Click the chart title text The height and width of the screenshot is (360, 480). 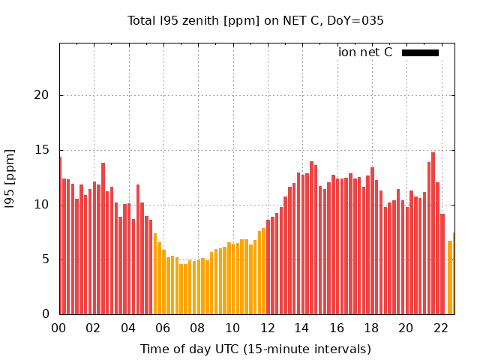click(256, 21)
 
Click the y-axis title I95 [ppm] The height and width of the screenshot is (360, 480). click(10, 178)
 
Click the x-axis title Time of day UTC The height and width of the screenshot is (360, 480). click(256, 349)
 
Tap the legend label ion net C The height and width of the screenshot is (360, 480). click(365, 52)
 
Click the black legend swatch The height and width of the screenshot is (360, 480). click(420, 52)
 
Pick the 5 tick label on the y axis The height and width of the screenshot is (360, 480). click(48, 259)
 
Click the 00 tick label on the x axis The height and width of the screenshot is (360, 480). click(58, 328)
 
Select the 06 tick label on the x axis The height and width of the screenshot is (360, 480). click(163, 328)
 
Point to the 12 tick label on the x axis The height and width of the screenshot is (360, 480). click(267, 328)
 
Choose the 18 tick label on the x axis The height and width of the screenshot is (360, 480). click(371, 328)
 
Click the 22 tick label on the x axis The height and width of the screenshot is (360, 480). click(441, 328)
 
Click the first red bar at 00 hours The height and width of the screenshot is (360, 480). click(60, 236)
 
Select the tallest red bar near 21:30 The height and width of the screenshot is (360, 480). click(433, 233)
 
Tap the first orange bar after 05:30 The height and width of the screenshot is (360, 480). click(155, 274)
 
